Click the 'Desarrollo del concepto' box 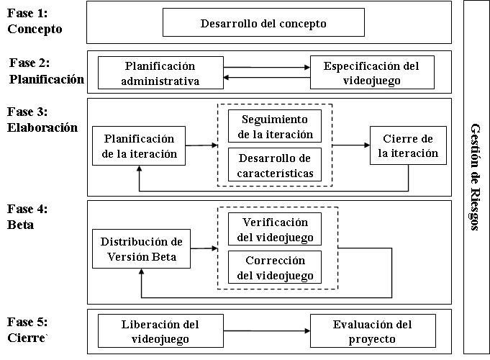click(x=263, y=22)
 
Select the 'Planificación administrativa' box click(x=160, y=73)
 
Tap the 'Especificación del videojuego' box click(x=372, y=73)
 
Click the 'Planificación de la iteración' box click(x=139, y=145)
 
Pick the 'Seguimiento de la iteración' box click(x=275, y=126)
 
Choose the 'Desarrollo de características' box click(x=275, y=165)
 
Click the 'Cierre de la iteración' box click(x=408, y=145)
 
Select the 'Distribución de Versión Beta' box click(x=141, y=248)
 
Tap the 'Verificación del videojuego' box click(x=275, y=229)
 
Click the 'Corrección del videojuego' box click(x=275, y=267)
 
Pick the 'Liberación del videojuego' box click(x=160, y=331)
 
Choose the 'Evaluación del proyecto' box click(x=373, y=331)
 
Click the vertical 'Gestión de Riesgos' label click(x=475, y=177)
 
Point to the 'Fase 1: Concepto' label click(x=35, y=21)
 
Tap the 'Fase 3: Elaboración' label click(x=42, y=120)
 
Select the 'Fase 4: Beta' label click(x=27, y=217)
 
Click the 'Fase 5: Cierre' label click(x=27, y=330)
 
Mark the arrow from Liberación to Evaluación click(x=267, y=330)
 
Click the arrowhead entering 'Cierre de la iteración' click(x=367, y=145)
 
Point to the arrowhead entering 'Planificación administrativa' click(x=227, y=78)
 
